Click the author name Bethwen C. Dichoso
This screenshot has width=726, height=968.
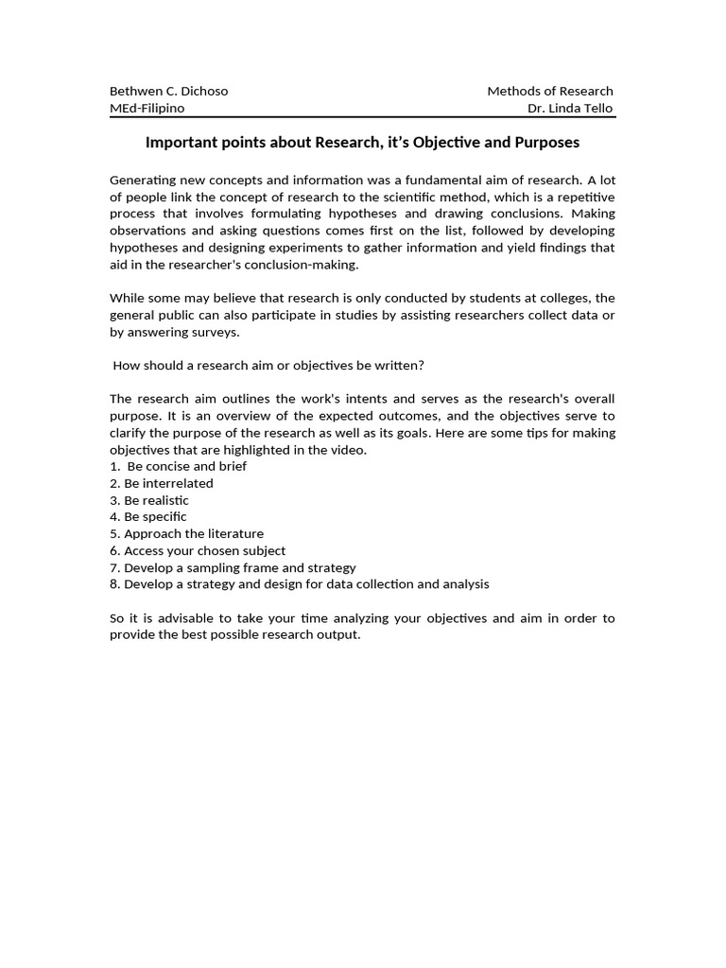(x=169, y=91)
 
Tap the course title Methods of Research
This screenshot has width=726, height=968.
(x=549, y=91)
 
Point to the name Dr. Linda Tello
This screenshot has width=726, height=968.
(x=570, y=108)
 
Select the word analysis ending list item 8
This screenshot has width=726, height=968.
(x=466, y=584)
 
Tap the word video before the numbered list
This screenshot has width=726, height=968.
(x=349, y=450)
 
